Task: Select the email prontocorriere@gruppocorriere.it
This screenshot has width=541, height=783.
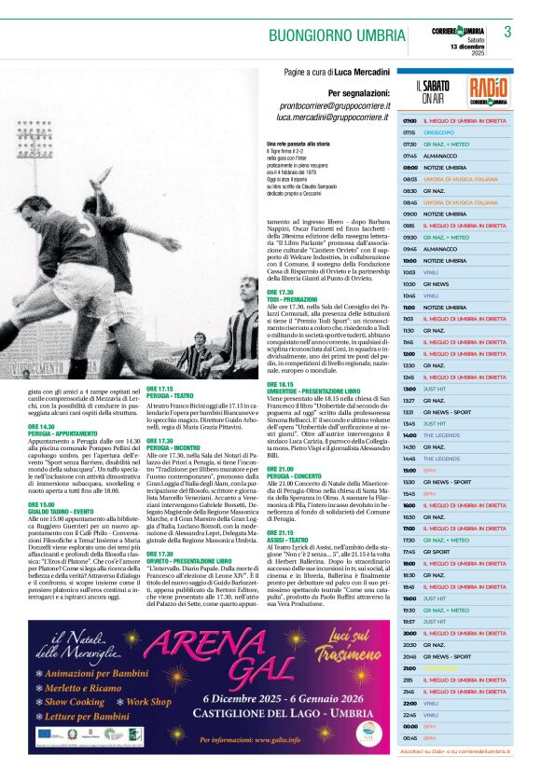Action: click(x=334, y=106)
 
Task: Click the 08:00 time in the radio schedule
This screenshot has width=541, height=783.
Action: click(x=409, y=166)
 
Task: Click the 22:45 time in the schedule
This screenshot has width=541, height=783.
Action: click(x=409, y=715)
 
